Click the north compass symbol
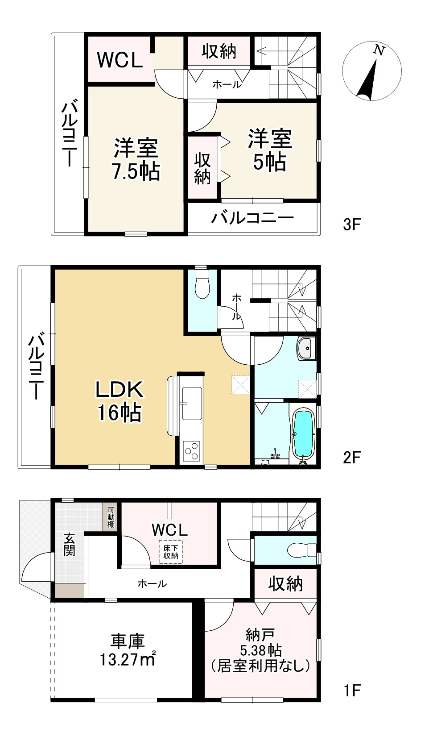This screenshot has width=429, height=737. (372, 71)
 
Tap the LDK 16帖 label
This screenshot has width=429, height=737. (120, 400)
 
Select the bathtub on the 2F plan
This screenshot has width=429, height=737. (303, 434)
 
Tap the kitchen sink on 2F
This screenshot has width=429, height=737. (192, 403)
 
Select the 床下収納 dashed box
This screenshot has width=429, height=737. (171, 552)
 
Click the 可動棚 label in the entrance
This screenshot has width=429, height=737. (111, 517)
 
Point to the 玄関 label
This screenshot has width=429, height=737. (70, 545)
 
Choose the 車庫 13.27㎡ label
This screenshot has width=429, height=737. (127, 650)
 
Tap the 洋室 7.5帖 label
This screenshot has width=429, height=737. (136, 160)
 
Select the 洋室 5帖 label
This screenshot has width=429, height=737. (269, 150)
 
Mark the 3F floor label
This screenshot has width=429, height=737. (352, 225)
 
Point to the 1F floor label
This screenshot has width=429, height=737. (352, 691)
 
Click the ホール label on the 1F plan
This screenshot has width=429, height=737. (152, 584)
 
